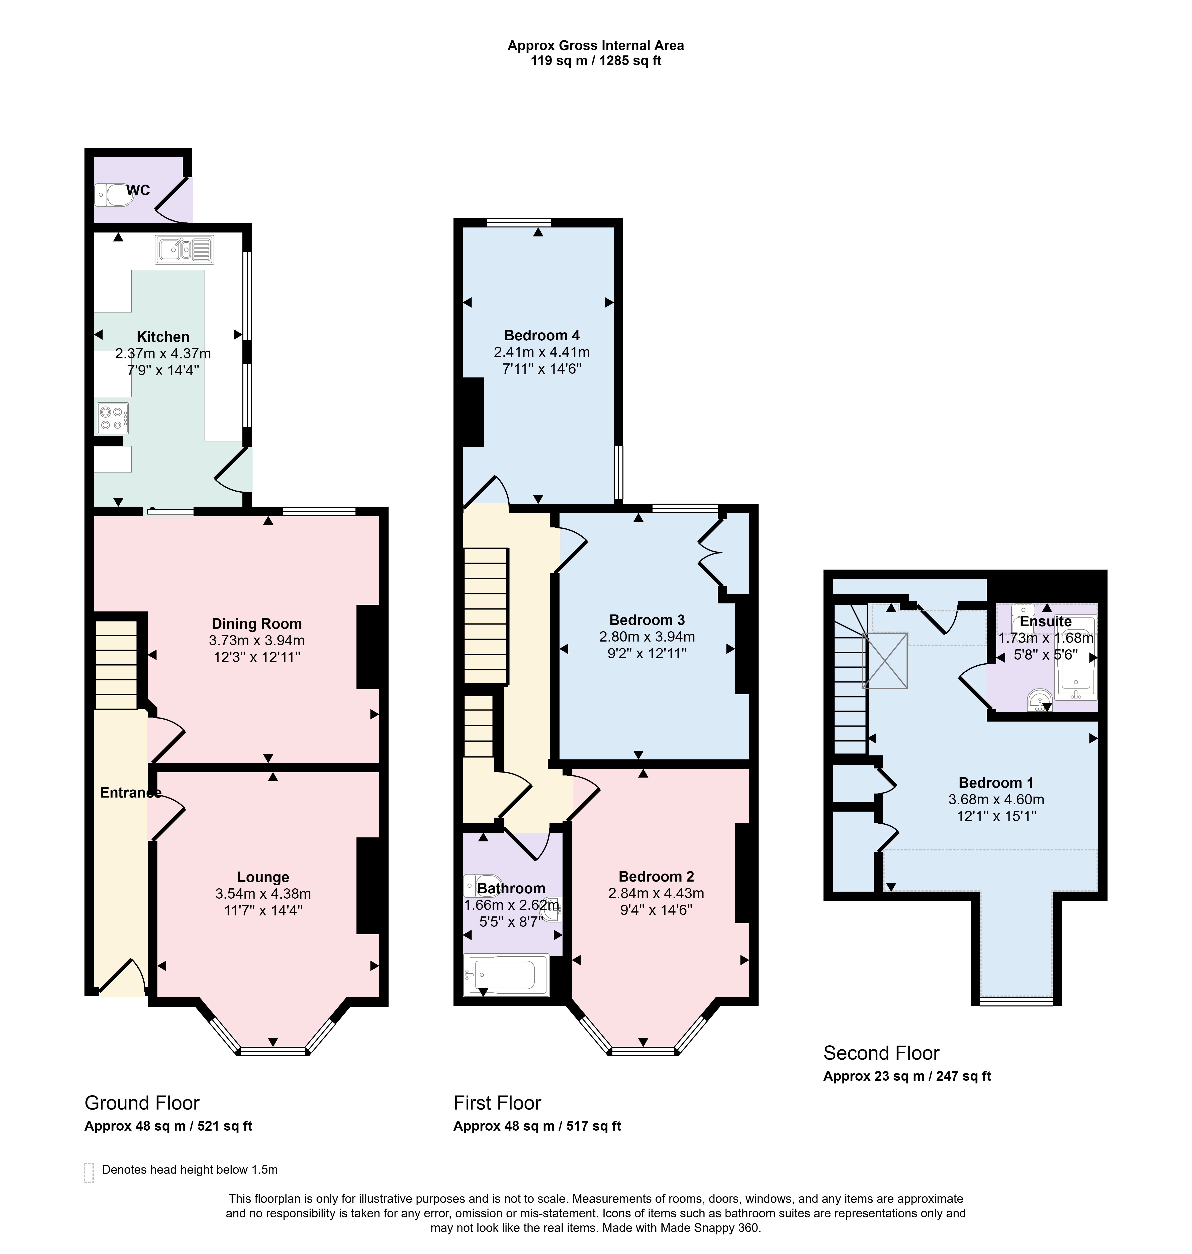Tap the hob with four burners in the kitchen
click(x=113, y=418)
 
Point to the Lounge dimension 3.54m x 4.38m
click(x=263, y=894)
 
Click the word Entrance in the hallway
click(x=130, y=793)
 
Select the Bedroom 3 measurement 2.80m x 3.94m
click(x=647, y=636)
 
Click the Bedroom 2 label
click(x=656, y=877)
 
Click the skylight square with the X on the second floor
click(x=884, y=660)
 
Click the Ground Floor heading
click(x=142, y=1103)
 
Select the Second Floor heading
click(x=881, y=1053)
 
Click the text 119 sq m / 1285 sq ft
click(x=596, y=61)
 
